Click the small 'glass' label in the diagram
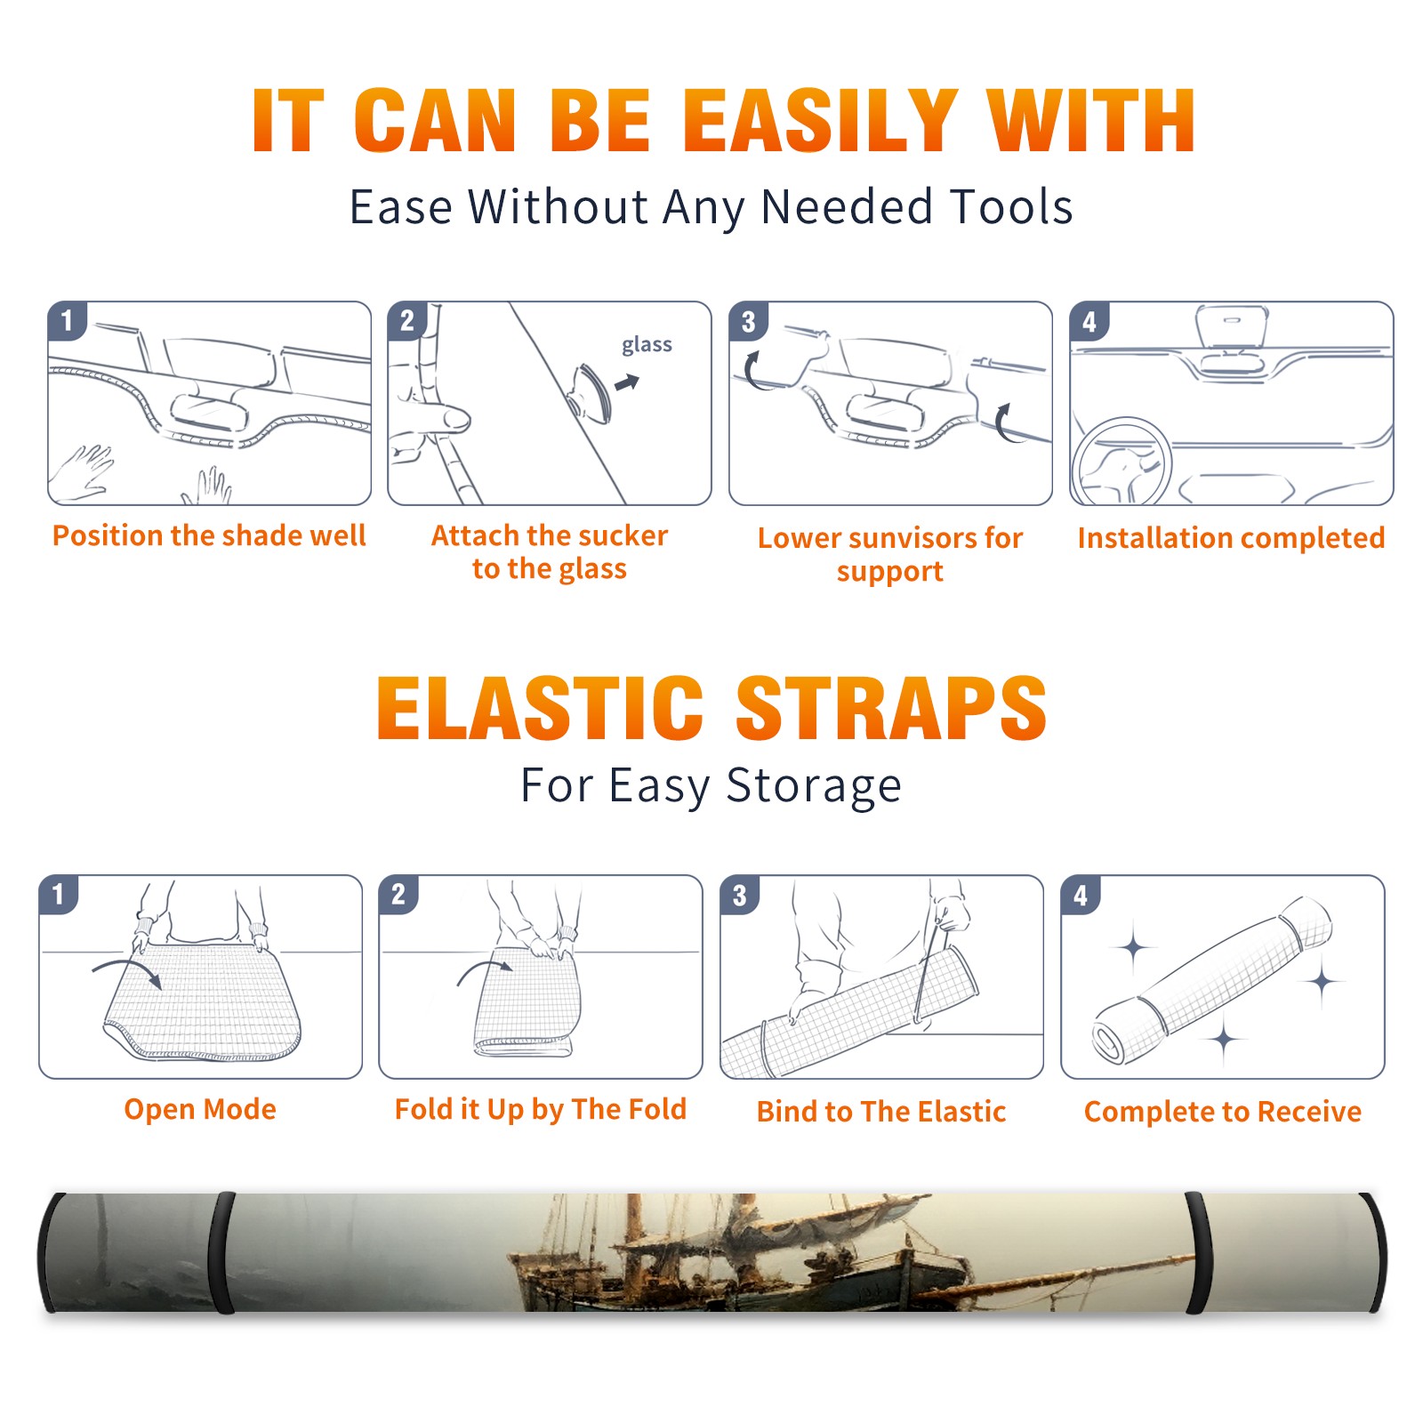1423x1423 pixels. point(647,345)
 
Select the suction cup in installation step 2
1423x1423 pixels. point(591,393)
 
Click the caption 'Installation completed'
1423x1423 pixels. point(1231,538)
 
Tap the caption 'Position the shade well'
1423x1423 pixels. point(209,535)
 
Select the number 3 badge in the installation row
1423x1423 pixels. point(748,321)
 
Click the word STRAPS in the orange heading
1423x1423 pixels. point(891,708)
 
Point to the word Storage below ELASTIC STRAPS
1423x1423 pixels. point(814,786)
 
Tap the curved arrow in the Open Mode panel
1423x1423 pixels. point(127,969)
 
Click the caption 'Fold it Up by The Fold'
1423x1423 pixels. point(541,1110)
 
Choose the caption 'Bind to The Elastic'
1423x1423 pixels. point(881,1112)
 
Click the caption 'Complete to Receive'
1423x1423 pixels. point(1223,1112)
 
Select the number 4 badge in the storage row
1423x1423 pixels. point(1081,895)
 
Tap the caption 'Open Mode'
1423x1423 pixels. point(200,1110)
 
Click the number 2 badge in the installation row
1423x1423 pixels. point(407,321)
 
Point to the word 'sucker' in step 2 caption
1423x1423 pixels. point(623,535)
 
